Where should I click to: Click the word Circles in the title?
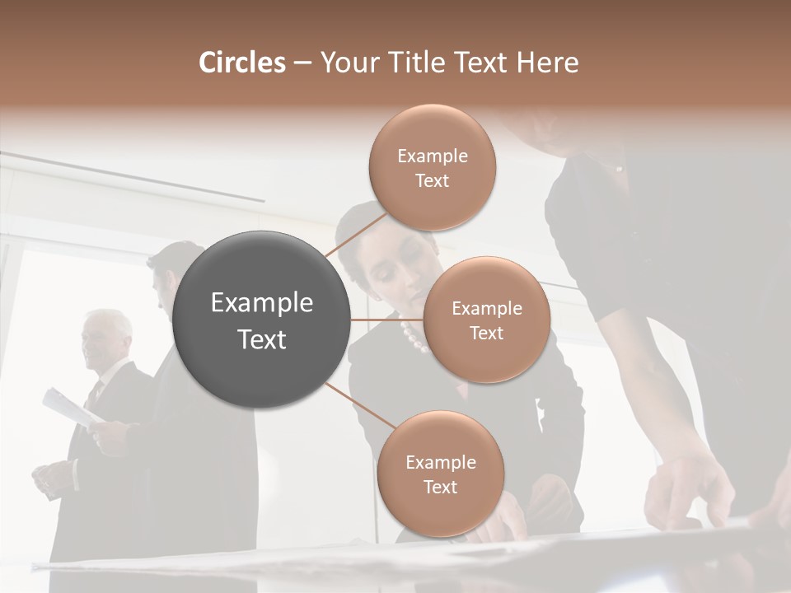point(242,63)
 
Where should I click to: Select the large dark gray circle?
point(262,320)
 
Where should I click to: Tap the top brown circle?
point(432,167)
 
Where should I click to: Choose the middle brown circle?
point(486,320)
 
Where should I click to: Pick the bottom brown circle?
point(440,474)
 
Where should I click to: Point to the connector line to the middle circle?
point(386,320)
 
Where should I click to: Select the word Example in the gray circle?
point(262,303)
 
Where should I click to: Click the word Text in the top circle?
point(432,180)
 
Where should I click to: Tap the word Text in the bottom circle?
point(440,487)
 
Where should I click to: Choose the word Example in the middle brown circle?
point(486,308)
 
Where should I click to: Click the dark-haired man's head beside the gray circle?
point(169,272)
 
